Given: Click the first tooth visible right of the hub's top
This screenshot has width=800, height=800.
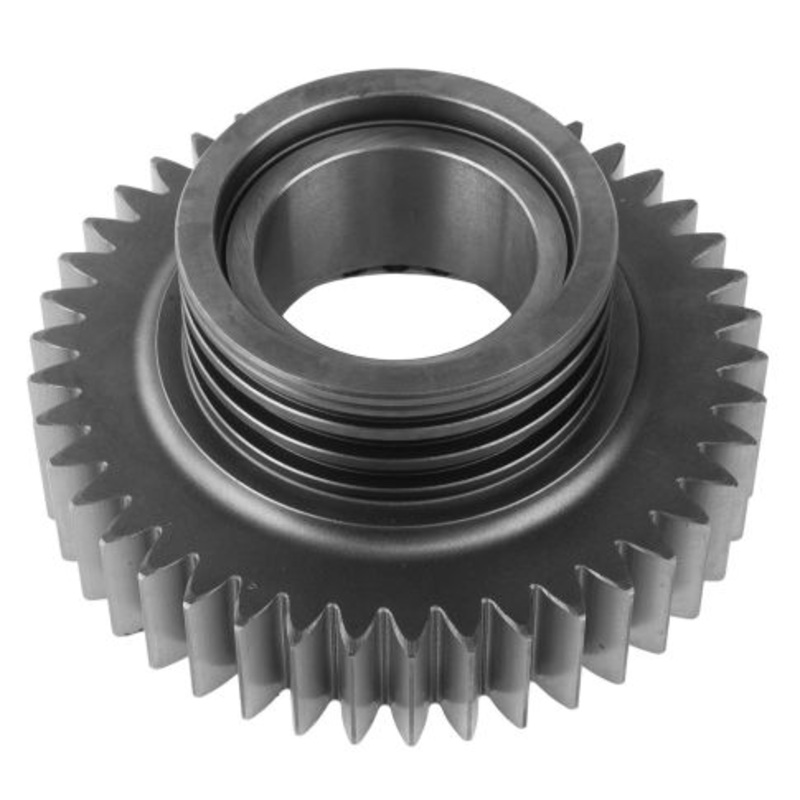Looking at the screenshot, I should tap(574, 130).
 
